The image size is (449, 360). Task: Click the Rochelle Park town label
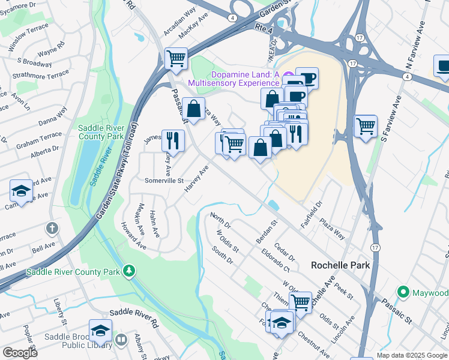click(x=340, y=265)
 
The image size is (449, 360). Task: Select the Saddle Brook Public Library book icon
click(x=121, y=341)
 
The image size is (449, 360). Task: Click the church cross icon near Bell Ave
click(x=53, y=228)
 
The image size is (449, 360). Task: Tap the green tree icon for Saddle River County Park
click(x=128, y=272)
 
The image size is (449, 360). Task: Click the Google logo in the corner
click(x=19, y=353)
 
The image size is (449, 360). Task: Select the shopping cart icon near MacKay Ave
click(x=176, y=58)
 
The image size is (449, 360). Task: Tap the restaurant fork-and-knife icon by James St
click(x=173, y=141)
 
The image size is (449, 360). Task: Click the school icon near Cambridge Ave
click(x=22, y=191)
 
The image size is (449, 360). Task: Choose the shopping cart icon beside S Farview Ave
click(x=365, y=126)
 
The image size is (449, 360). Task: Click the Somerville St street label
click(x=163, y=180)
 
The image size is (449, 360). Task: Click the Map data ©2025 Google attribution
click(x=412, y=355)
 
